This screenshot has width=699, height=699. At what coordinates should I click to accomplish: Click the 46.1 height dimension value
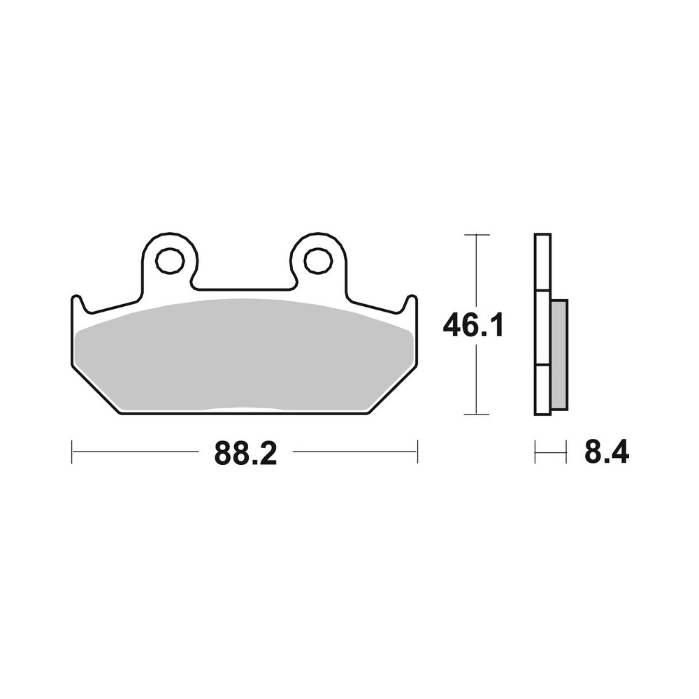coord(473,326)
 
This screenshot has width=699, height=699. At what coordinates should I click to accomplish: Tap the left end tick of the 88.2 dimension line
coord(72,452)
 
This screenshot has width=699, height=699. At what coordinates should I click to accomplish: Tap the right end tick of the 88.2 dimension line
coord(417,452)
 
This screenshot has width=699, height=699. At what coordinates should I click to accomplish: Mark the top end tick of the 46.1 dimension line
coord(476,234)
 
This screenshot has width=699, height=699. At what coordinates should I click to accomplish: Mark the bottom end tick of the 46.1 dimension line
coord(476,415)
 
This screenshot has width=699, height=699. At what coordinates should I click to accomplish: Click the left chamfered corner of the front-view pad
coord(94,389)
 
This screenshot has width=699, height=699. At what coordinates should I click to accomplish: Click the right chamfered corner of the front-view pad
coord(394,389)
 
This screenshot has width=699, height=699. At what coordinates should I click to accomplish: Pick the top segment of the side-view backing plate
coord(542,261)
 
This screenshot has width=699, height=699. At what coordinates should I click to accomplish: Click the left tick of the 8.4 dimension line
coord(535,452)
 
